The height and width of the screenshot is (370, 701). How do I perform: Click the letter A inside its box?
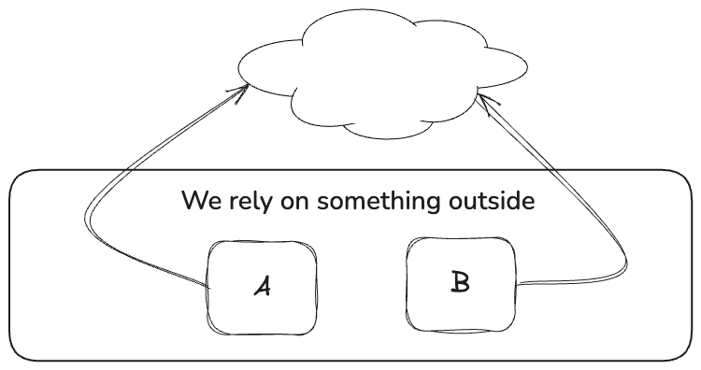(x=263, y=286)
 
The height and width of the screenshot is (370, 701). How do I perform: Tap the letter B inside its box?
(x=460, y=282)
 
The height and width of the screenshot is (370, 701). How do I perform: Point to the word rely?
(x=250, y=201)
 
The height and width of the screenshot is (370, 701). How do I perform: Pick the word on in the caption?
(x=294, y=203)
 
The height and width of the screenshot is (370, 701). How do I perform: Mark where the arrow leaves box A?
(x=208, y=286)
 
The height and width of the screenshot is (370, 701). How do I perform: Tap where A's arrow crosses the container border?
(x=129, y=170)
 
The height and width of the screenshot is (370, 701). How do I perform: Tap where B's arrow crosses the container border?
(x=554, y=170)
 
